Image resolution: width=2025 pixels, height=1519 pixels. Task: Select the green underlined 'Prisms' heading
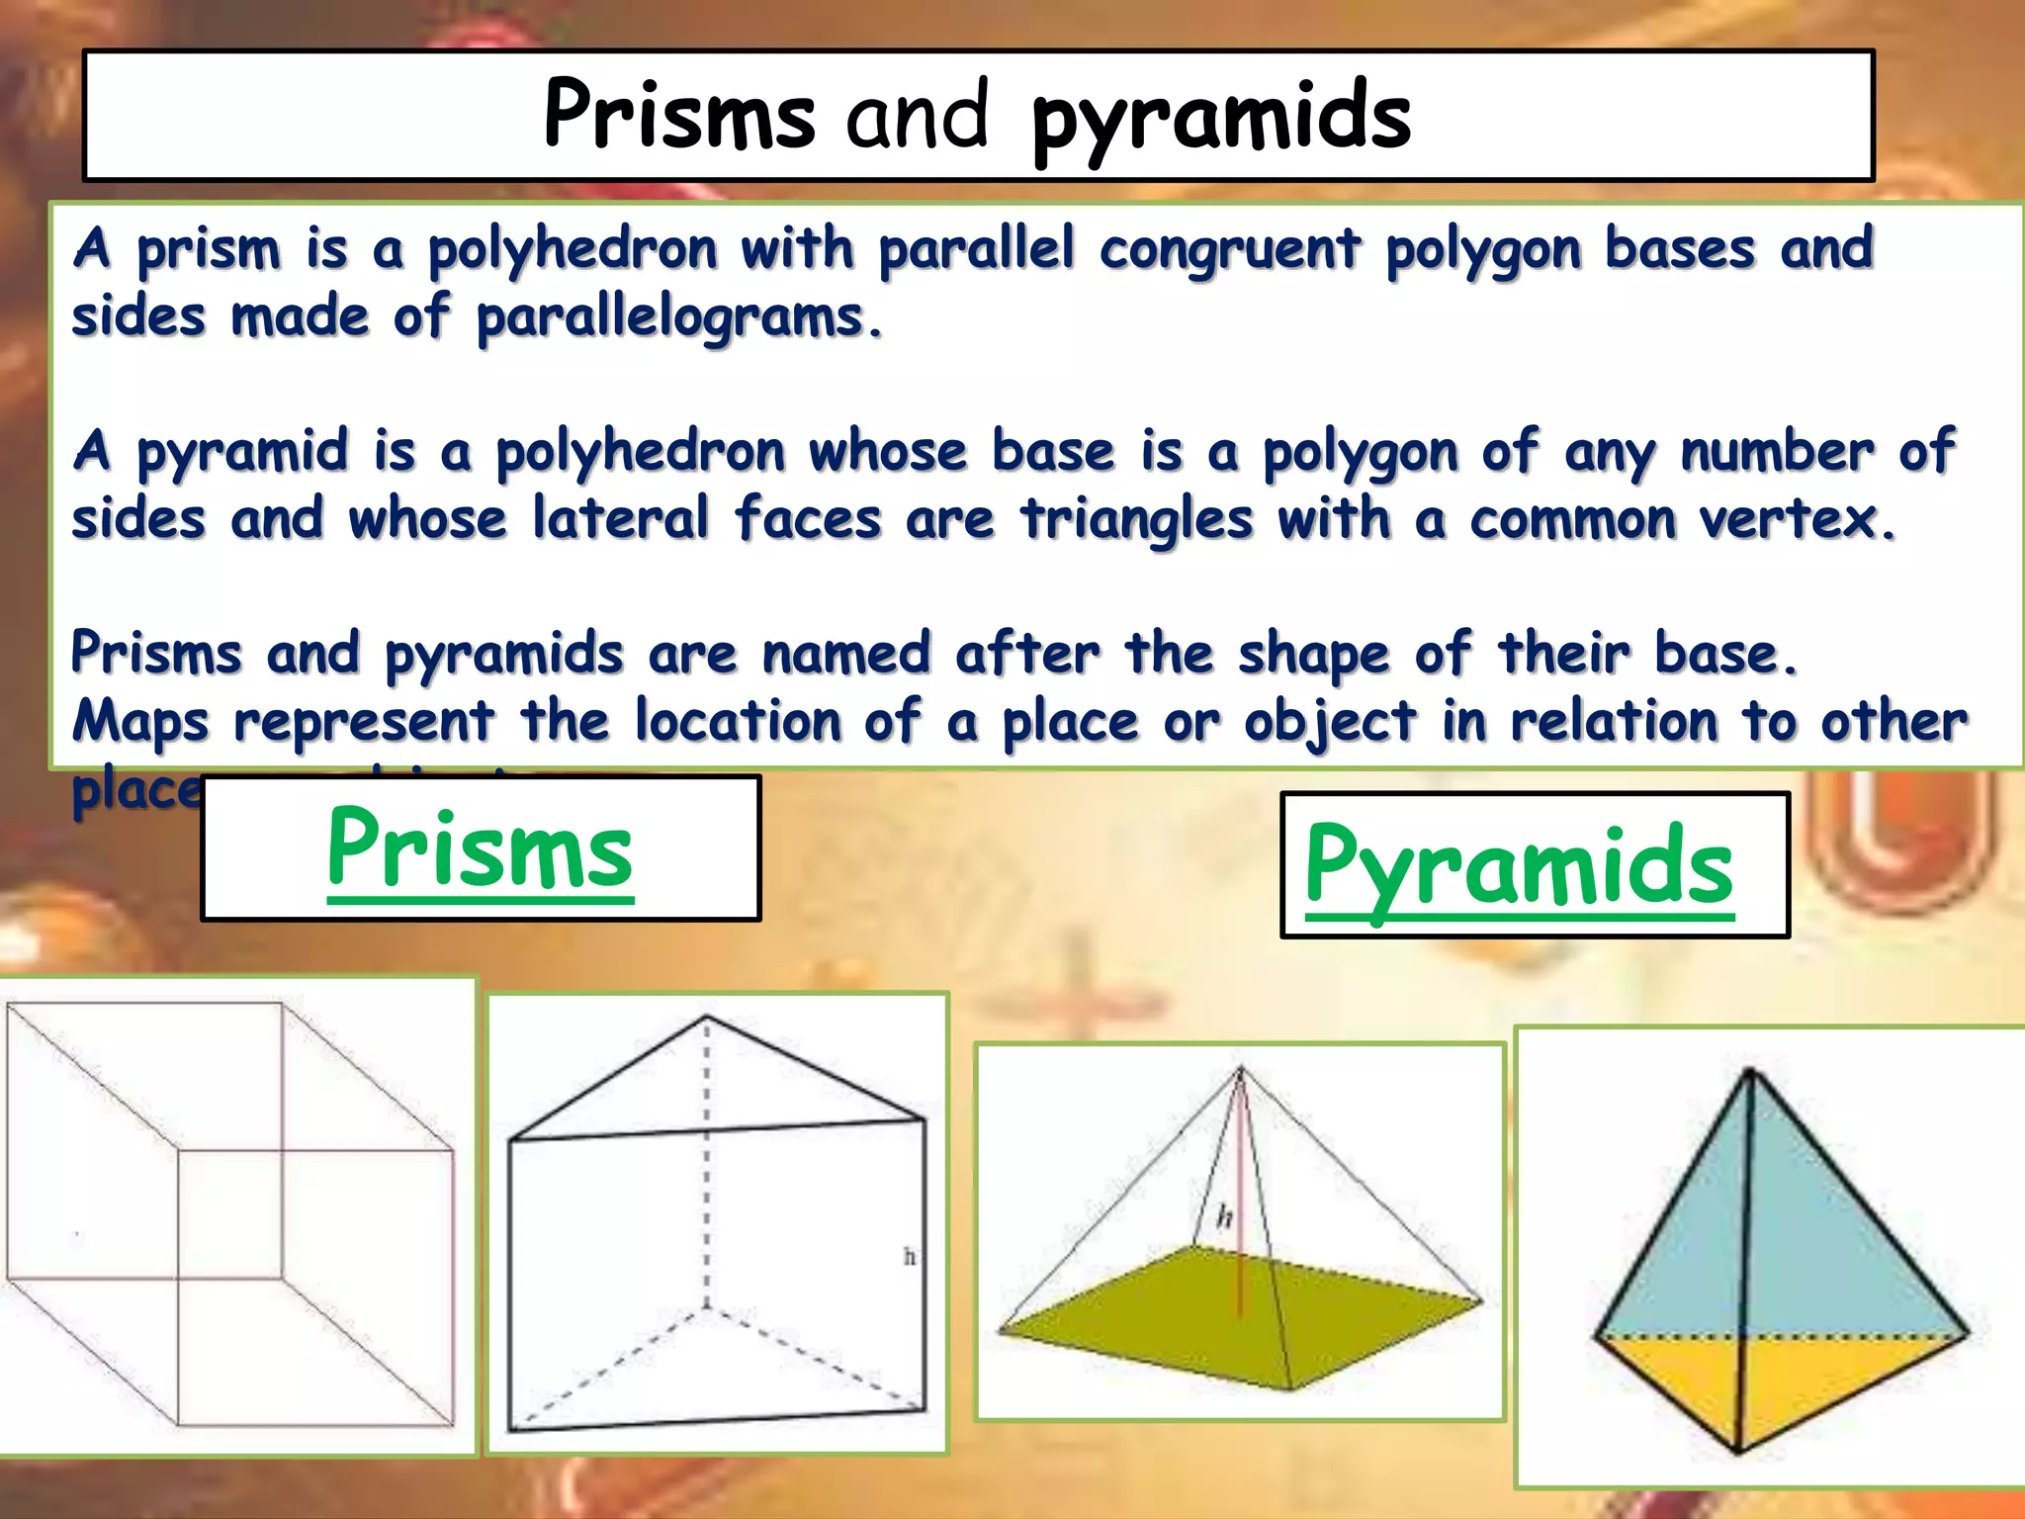[480, 849]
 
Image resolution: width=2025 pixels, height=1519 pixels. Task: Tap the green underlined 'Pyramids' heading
[1519, 867]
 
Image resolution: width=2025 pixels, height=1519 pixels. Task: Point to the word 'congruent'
[1230, 249]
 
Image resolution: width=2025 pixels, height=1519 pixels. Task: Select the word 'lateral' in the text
[621, 520]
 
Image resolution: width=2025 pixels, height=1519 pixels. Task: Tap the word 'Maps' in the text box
[140, 722]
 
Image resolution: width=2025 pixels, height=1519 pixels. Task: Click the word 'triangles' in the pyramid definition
[1137, 520]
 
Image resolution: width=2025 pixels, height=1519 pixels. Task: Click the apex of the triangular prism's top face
[706, 1018]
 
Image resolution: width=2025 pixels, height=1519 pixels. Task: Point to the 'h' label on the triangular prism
[910, 1257]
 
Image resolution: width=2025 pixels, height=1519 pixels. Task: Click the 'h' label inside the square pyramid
[1224, 1215]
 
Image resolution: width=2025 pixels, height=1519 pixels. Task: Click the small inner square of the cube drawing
[229, 1214]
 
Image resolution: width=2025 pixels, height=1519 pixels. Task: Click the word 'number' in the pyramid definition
[1776, 453]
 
